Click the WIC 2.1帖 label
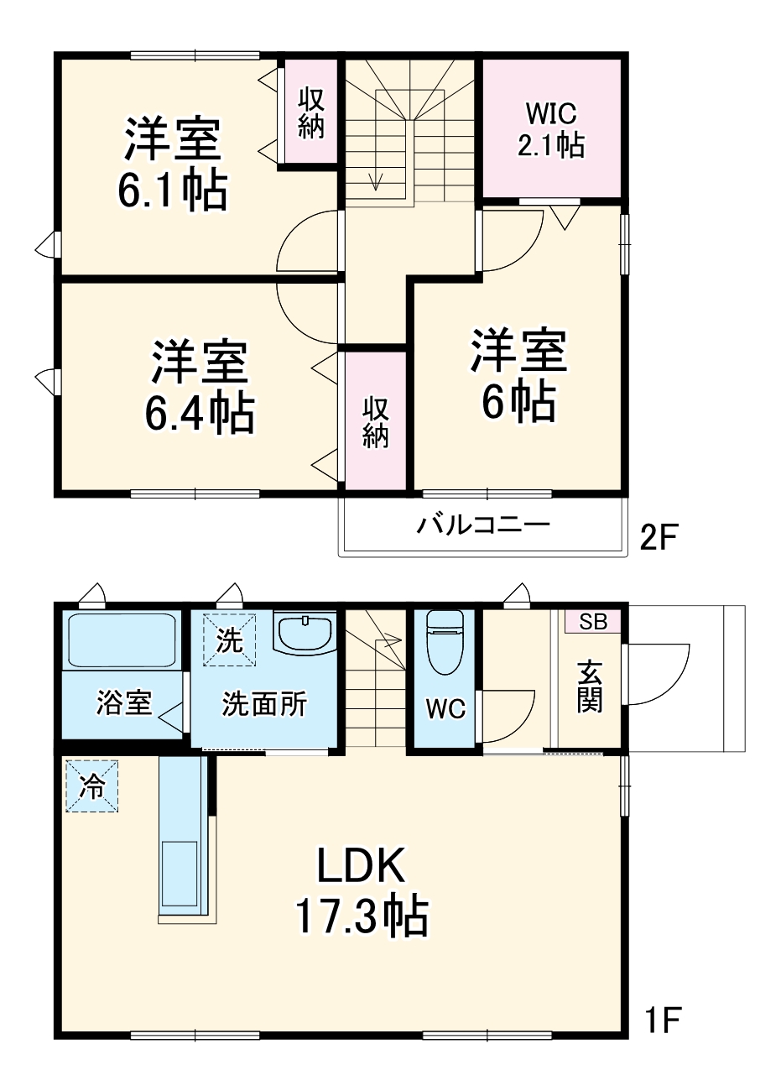coord(550,129)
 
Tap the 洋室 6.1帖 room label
coord(173,164)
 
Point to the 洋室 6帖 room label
coord(518,375)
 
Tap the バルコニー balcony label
coord(484,525)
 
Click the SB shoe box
coord(593,622)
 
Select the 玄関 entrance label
coord(590,686)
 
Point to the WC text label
coord(445,709)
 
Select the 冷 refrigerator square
coord(92,786)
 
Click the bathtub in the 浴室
coord(122,640)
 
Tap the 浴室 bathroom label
coord(123,702)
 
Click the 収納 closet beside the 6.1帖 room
coord(311,112)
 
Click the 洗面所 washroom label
coord(264,704)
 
